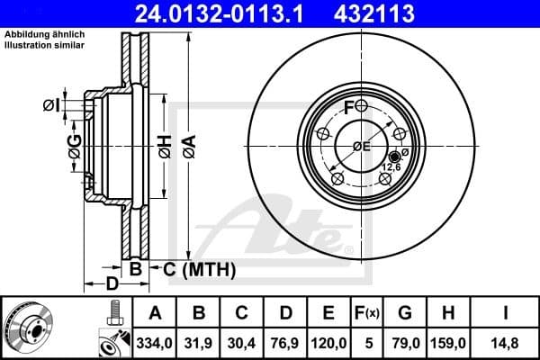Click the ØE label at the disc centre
(362, 147)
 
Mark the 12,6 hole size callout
(392, 167)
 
